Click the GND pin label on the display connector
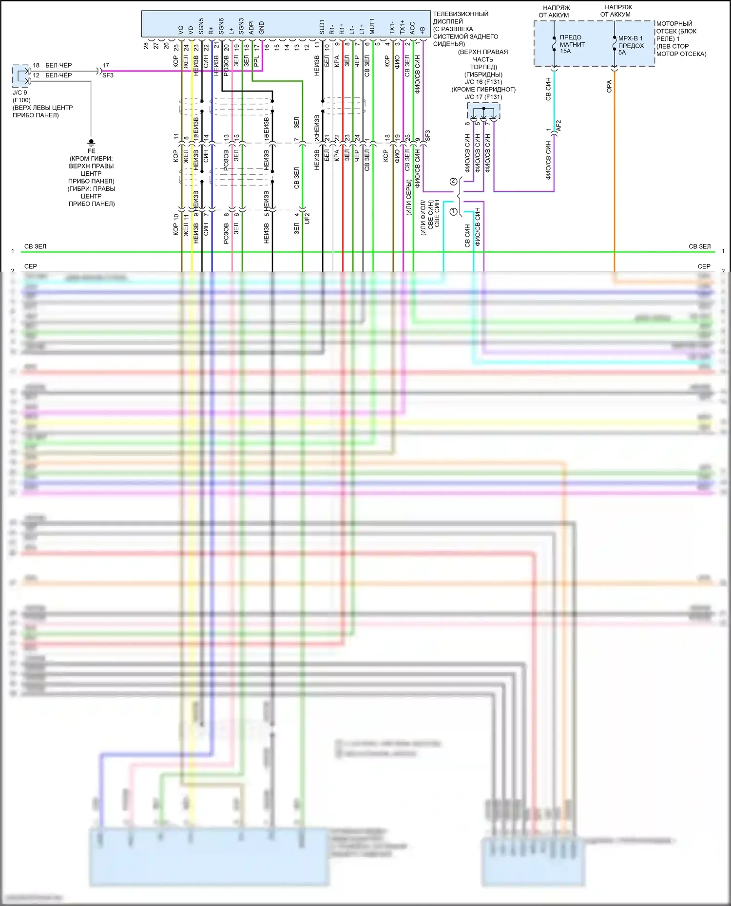click(x=262, y=28)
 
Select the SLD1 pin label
click(x=322, y=27)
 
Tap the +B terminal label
click(x=422, y=30)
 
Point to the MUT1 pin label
click(x=372, y=27)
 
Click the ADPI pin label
click(x=251, y=27)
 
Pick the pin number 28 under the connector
click(x=146, y=46)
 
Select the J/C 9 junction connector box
click(x=20, y=76)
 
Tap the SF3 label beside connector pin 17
click(x=108, y=75)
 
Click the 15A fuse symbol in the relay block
click(x=554, y=45)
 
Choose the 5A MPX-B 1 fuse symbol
click(x=614, y=45)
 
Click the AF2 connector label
click(x=558, y=126)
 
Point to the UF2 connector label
click(x=307, y=218)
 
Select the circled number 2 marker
click(x=454, y=182)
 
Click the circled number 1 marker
click(x=454, y=212)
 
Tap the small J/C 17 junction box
click(x=483, y=111)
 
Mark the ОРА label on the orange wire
click(x=609, y=87)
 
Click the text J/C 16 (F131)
click(x=483, y=82)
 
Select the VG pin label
click(x=181, y=30)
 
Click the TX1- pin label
click(x=392, y=27)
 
